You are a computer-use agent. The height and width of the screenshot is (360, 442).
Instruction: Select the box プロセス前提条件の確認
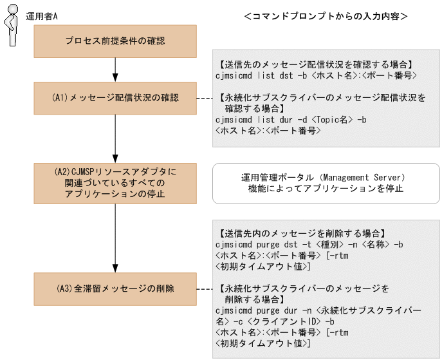115,41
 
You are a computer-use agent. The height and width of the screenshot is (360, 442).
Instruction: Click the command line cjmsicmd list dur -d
293,120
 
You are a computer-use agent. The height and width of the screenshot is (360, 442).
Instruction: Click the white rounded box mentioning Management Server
326,182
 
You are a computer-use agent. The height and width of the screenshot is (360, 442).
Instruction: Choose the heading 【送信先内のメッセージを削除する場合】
302,233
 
